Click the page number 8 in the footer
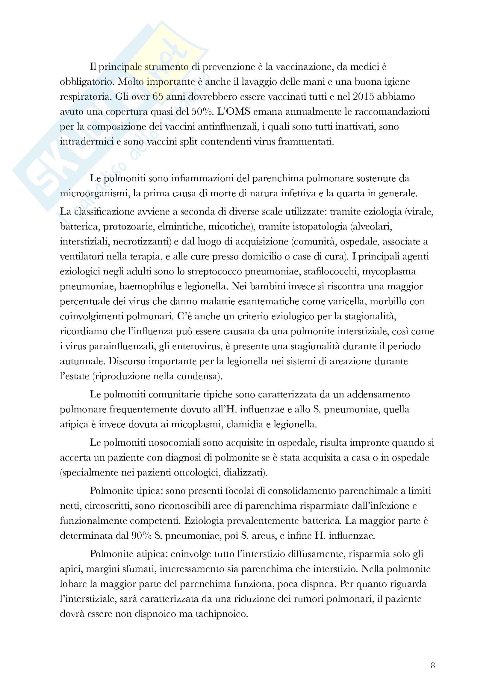pos(433,665)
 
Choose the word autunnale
pos(81,361)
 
